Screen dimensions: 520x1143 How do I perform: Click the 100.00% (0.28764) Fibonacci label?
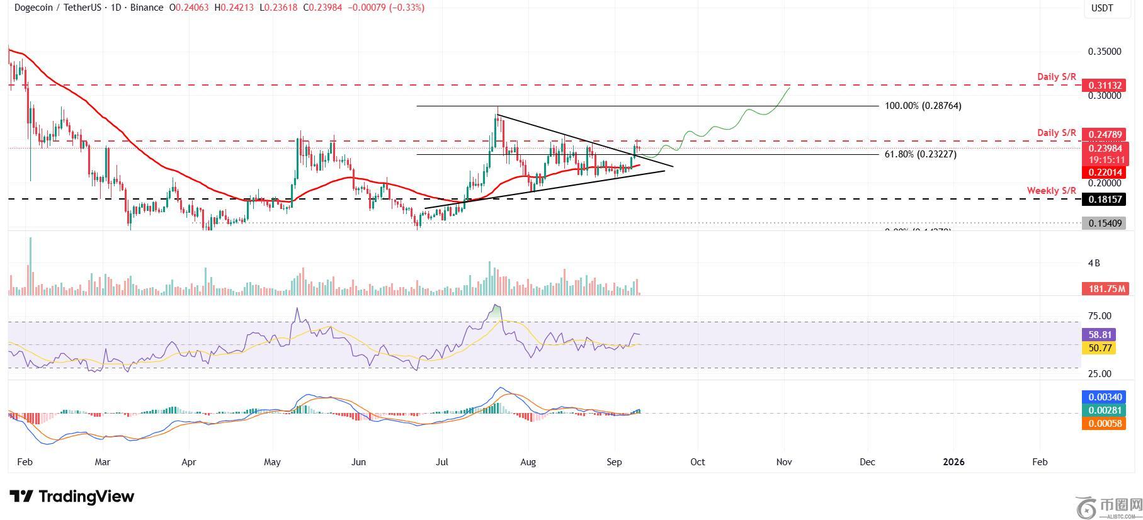(x=923, y=106)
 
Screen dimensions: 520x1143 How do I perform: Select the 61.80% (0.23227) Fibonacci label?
(x=920, y=154)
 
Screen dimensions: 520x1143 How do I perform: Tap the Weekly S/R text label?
(x=1051, y=190)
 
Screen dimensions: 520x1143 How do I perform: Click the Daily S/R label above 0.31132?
(x=1057, y=77)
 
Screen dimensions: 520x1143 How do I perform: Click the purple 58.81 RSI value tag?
(x=1098, y=335)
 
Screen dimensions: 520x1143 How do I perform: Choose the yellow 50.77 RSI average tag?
(x=1098, y=348)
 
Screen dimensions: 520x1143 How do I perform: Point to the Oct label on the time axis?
(x=697, y=462)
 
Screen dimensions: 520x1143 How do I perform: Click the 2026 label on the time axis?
(x=953, y=462)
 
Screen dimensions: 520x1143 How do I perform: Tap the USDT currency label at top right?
(x=1102, y=8)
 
